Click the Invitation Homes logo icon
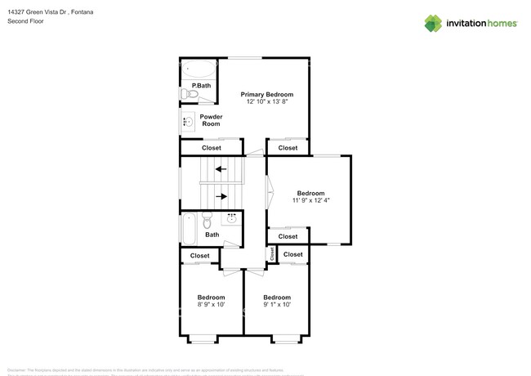(x=433, y=24)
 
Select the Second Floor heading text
(x=26, y=21)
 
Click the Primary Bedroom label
(x=266, y=95)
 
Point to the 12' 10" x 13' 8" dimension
(x=266, y=102)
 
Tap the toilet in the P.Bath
(x=190, y=95)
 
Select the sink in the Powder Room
(x=188, y=122)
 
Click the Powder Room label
(x=211, y=120)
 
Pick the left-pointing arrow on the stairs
(x=221, y=169)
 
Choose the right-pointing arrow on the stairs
(x=221, y=196)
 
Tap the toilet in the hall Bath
(x=207, y=221)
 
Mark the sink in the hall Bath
(x=231, y=218)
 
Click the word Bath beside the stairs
(x=212, y=235)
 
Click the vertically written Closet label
(x=272, y=254)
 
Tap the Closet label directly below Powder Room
(x=211, y=148)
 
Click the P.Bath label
(x=201, y=86)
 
